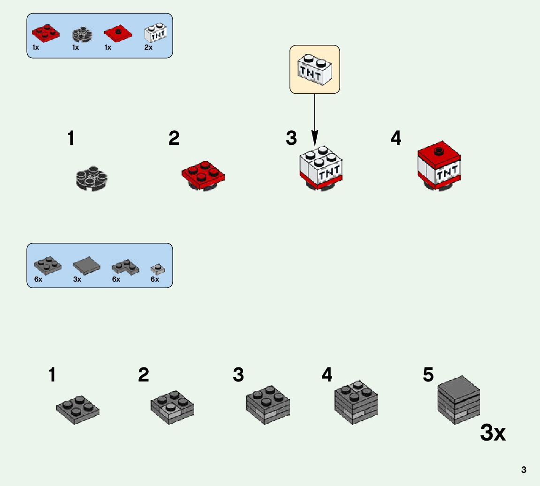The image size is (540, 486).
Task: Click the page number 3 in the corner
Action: pyautogui.click(x=524, y=470)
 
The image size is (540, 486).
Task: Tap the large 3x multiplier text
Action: pyautogui.click(x=493, y=434)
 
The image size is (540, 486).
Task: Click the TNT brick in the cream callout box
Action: pyautogui.click(x=314, y=70)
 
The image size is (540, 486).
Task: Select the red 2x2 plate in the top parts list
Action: pyautogui.click(x=46, y=32)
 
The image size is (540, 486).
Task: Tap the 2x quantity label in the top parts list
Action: pyautogui.click(x=148, y=47)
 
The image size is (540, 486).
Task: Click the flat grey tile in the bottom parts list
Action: pyautogui.click(x=86, y=266)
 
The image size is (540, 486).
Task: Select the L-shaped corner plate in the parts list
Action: pyautogui.click(x=125, y=267)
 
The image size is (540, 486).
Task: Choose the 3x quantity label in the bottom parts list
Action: pyautogui.click(x=77, y=279)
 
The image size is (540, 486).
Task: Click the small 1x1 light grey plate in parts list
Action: pyautogui.click(x=157, y=268)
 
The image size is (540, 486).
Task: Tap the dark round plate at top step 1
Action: pyautogui.click(x=91, y=178)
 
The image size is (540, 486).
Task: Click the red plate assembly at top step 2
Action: pyautogui.click(x=203, y=177)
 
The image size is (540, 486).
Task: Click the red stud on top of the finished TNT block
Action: pyautogui.click(x=440, y=151)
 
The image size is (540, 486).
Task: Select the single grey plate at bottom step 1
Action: pyautogui.click(x=78, y=409)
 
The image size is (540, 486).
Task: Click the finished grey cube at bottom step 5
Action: pyautogui.click(x=458, y=400)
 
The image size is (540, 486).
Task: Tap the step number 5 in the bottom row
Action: pyautogui.click(x=428, y=375)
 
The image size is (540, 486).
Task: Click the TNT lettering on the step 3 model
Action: pyautogui.click(x=330, y=173)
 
